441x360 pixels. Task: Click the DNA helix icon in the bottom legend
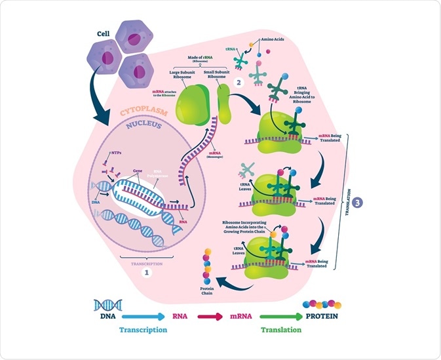point(108,304)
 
